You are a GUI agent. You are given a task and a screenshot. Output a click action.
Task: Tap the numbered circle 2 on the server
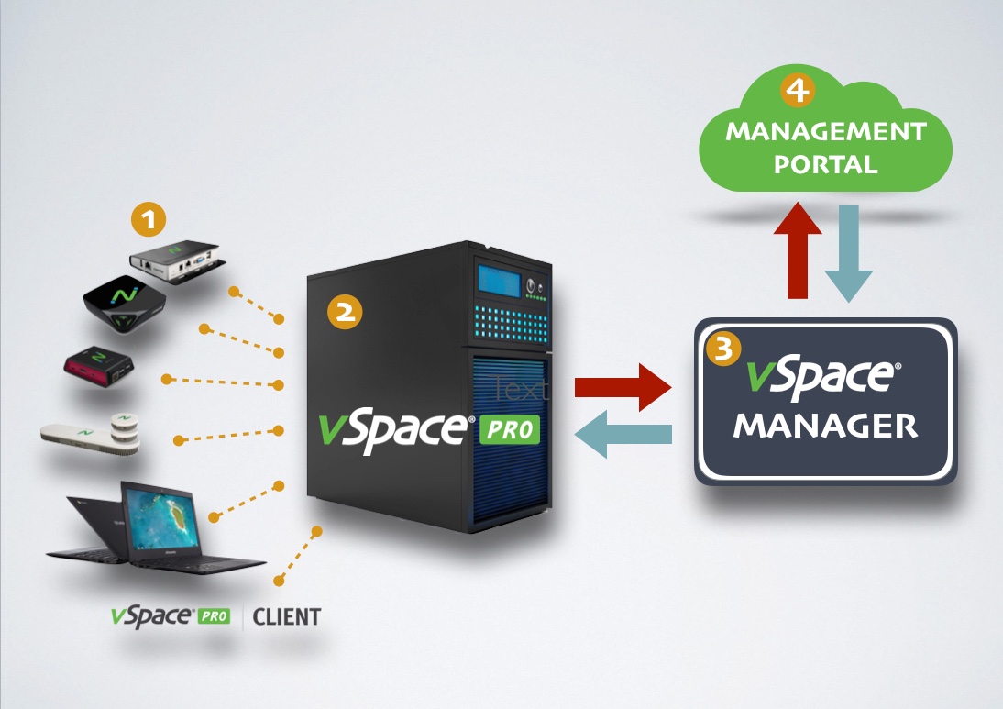point(345,312)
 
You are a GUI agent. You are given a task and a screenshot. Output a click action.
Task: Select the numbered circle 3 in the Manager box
point(723,349)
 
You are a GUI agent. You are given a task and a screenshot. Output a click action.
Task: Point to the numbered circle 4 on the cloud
point(797,91)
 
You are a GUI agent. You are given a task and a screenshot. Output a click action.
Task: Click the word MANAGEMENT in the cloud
point(825,131)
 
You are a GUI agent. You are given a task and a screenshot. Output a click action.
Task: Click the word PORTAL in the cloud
point(825,165)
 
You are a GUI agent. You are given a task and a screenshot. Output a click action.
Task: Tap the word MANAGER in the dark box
point(825,427)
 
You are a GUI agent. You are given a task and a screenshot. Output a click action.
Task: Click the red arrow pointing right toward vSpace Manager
point(623,387)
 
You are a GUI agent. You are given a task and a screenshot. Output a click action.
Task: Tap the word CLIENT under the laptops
point(286,616)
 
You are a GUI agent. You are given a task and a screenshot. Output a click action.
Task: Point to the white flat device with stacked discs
point(92,434)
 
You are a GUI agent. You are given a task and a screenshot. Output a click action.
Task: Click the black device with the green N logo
point(124,303)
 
